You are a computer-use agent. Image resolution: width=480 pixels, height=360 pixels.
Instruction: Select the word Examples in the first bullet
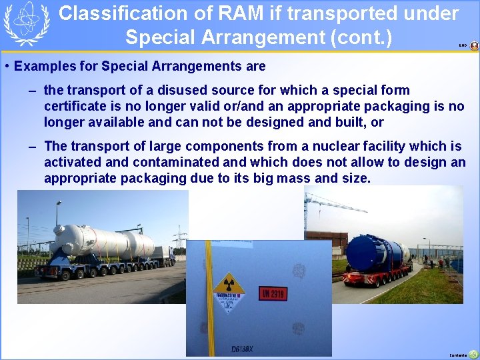tap(45, 66)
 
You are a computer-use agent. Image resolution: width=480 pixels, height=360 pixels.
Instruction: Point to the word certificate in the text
tap(75, 106)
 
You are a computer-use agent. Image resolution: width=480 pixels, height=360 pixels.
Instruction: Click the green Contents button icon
tap(473, 353)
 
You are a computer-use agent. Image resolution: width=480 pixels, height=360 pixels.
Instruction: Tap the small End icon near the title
tap(474, 46)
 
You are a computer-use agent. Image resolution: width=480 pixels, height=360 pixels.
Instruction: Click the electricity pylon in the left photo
tap(179, 237)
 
